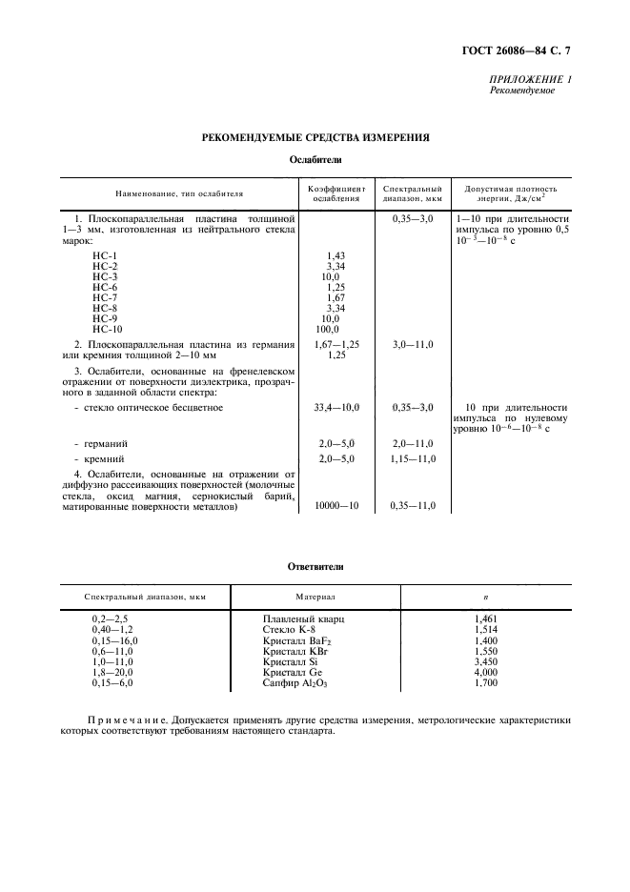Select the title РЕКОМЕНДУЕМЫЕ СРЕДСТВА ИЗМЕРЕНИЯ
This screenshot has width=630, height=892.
point(315,137)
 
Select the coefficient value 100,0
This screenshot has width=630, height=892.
point(328,328)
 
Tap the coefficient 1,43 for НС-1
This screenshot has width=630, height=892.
point(335,255)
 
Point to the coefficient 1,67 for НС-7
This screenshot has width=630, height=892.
point(335,297)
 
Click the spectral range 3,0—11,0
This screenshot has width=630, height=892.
point(413,343)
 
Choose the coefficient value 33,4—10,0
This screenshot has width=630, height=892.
point(336,407)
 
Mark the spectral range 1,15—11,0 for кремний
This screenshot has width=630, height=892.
point(413,458)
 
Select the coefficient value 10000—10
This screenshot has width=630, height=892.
point(336,506)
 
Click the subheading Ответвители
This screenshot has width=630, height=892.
point(315,566)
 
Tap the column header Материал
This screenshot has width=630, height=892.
point(315,597)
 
